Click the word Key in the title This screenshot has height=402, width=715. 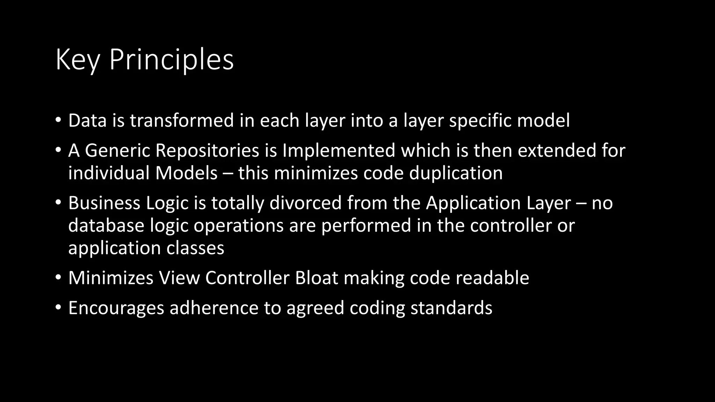[78, 60]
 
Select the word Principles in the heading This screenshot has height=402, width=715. [171, 60]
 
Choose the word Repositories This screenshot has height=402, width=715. [207, 150]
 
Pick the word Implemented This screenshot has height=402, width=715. [339, 150]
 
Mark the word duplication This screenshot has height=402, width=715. [456, 173]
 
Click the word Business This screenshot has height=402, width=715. [104, 203]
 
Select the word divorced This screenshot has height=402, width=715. [305, 203]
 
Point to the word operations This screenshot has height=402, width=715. [238, 225]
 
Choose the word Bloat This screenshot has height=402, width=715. [317, 278]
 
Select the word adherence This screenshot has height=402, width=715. [214, 308]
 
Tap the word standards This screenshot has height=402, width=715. [451, 308]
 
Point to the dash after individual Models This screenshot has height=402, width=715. [228, 173]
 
